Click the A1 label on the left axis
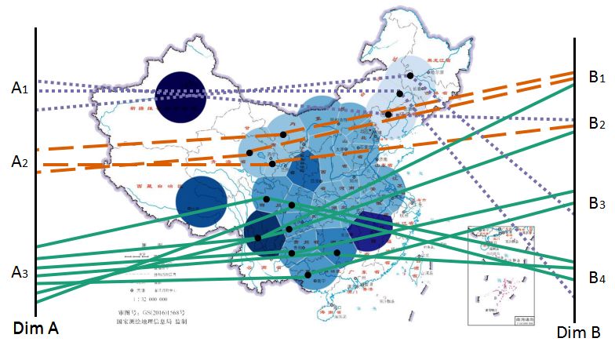click(20, 89)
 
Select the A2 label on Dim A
click(20, 162)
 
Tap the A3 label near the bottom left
click(20, 272)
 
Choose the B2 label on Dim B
click(597, 123)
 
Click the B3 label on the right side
click(597, 203)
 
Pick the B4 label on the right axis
click(597, 277)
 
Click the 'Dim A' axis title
click(35, 329)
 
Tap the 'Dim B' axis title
click(578, 333)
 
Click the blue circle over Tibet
click(201, 202)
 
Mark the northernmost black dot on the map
click(409, 75)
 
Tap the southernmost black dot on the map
click(308, 275)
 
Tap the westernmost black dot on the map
click(249, 152)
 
